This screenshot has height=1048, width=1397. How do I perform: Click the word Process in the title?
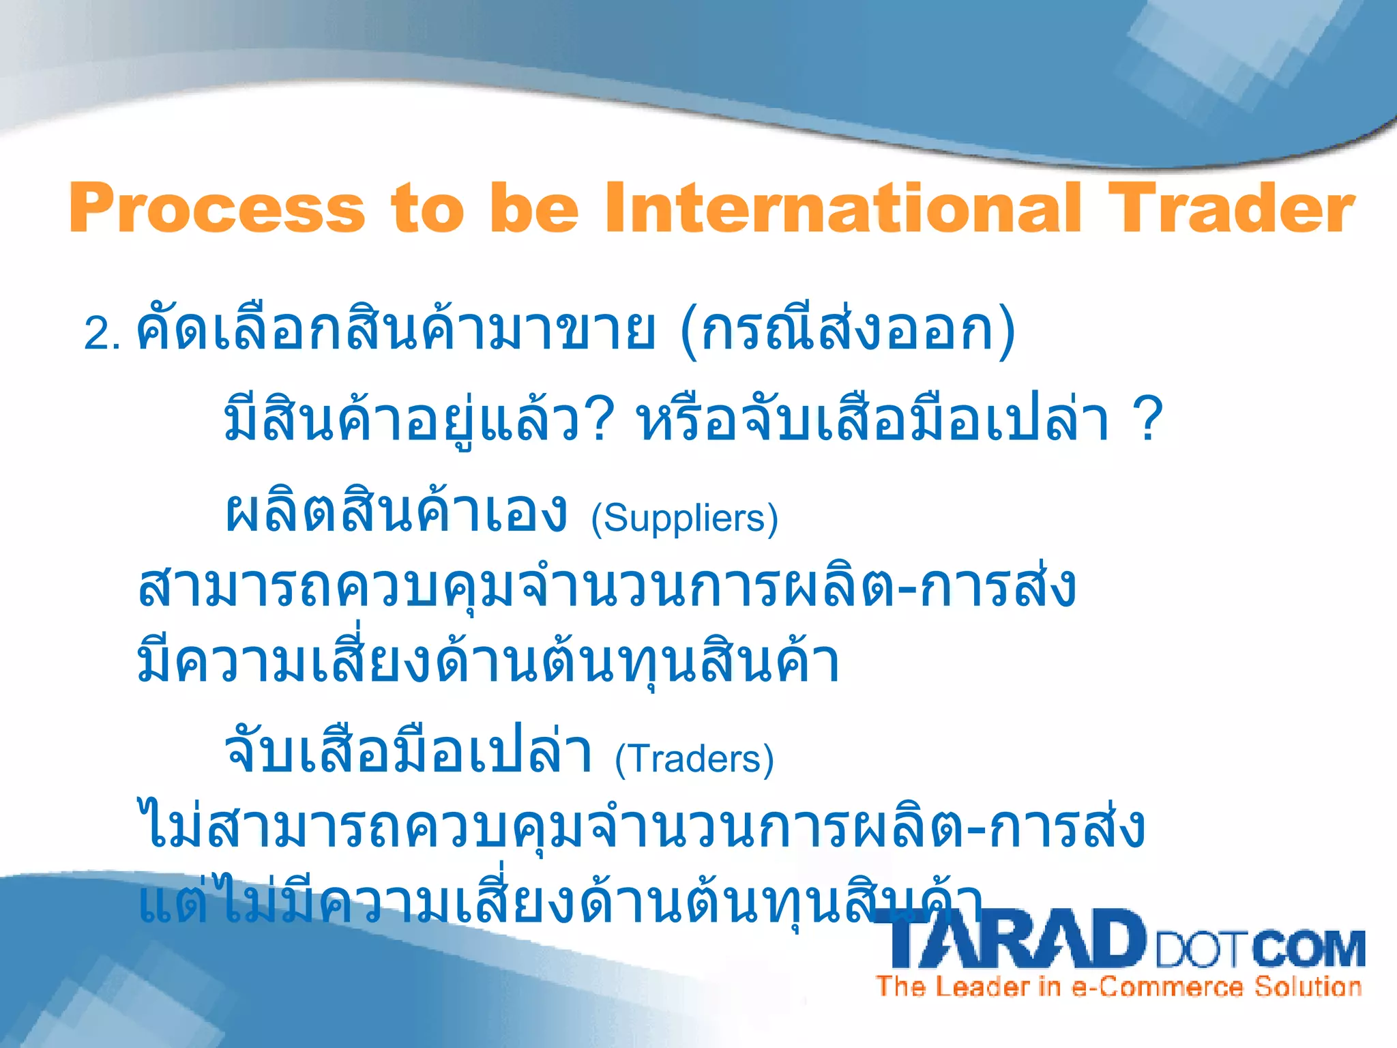217,208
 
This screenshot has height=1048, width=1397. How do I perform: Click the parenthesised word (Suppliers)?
684,519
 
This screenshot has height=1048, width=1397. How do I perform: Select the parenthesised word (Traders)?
694,759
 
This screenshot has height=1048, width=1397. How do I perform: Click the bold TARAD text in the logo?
1010,940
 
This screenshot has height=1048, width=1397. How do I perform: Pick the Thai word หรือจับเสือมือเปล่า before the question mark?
873,422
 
